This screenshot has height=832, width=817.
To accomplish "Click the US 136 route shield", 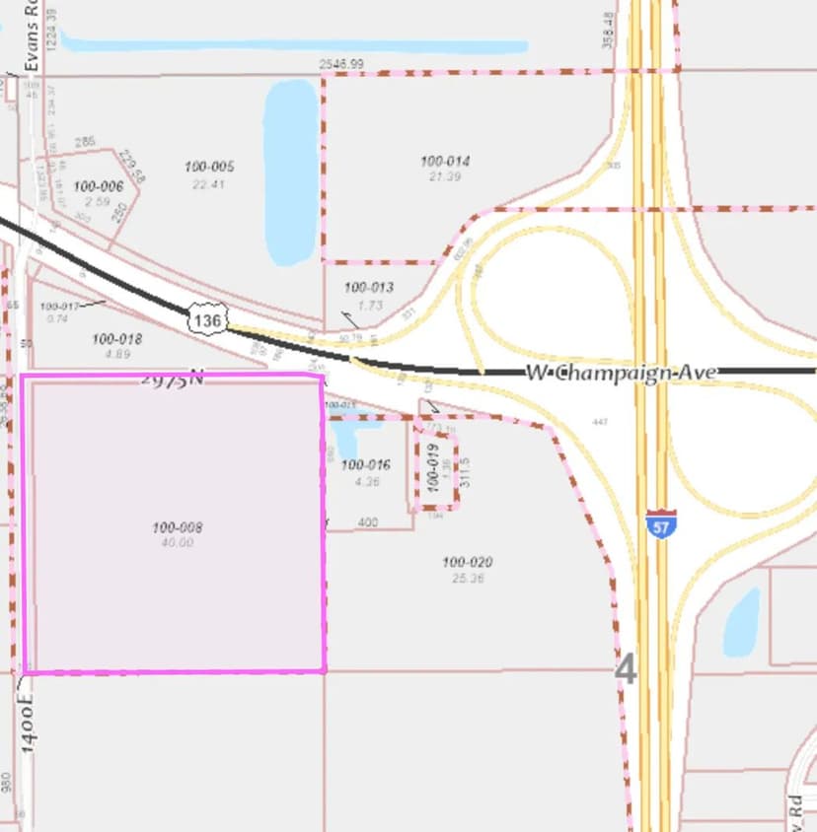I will tap(207, 320).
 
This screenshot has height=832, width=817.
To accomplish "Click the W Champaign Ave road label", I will tap(622, 373).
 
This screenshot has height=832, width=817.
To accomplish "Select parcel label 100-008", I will tap(178, 527).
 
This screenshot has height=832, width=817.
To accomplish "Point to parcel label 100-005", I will tap(209, 167).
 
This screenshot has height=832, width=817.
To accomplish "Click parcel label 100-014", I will tap(445, 161).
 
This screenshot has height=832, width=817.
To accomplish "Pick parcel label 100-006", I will tap(99, 186).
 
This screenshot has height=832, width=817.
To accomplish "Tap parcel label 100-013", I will tap(369, 288).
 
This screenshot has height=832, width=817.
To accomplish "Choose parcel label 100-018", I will tap(117, 339).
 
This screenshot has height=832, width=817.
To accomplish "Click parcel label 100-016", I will tap(366, 464).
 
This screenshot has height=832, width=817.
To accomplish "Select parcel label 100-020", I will tap(468, 562).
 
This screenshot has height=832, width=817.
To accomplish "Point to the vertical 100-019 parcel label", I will tap(431, 466).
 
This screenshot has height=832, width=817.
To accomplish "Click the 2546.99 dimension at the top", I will tap(341, 64).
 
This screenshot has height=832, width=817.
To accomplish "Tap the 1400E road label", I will tap(27, 723).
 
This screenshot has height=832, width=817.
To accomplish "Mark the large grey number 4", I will tap(626, 669).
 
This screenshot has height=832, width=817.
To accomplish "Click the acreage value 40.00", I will tap(178, 542).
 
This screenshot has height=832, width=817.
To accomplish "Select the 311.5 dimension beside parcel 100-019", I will tap(466, 471).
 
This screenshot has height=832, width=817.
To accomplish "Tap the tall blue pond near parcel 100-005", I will tap(291, 173).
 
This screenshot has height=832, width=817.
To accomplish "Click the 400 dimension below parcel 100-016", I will tap(368, 522).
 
